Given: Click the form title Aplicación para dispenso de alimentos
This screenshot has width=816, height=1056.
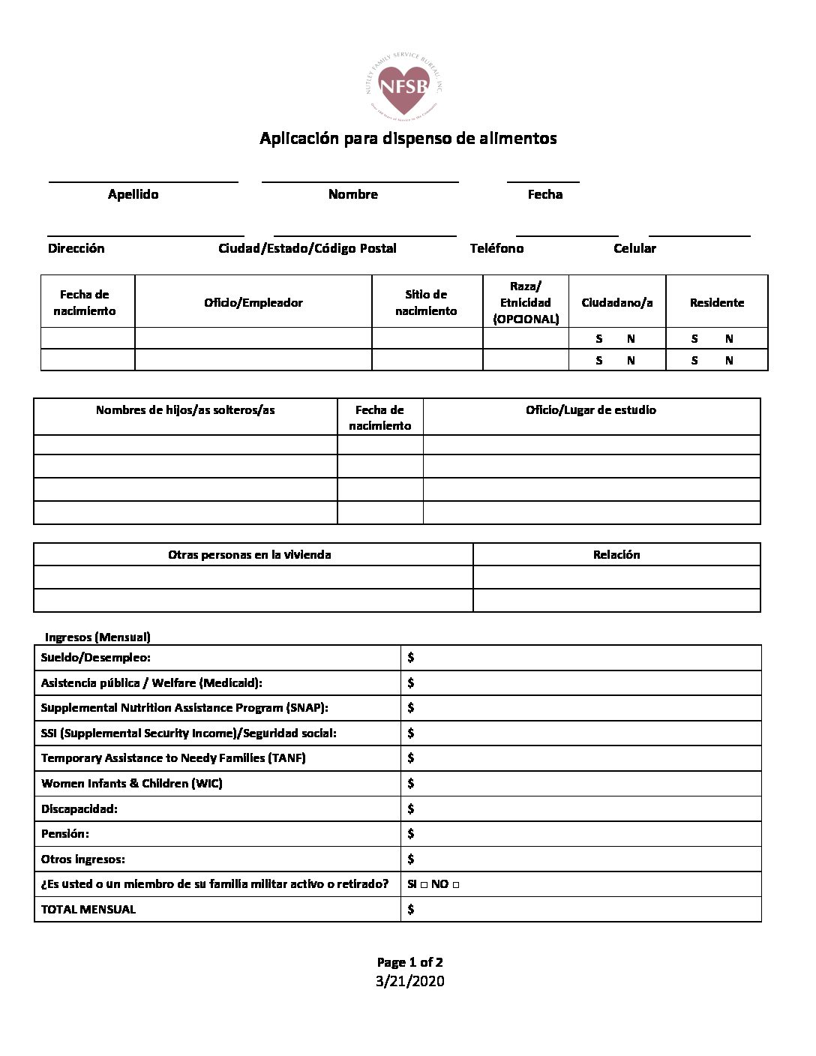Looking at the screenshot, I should (408, 138).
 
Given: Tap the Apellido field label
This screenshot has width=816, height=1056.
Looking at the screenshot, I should (133, 194).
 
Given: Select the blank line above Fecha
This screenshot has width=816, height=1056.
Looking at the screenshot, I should (543, 181).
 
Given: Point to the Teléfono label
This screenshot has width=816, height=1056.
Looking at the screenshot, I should (496, 248).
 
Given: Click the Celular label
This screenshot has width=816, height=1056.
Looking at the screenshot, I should (634, 248).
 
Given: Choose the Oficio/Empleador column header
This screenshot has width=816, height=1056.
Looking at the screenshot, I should (253, 303).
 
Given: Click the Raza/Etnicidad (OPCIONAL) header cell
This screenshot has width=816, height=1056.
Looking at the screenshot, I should (526, 303).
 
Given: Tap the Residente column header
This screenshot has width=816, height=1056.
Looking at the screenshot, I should (717, 303).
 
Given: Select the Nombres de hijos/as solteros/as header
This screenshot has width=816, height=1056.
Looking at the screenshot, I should (185, 410).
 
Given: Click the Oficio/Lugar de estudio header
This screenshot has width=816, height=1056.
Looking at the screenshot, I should (591, 410).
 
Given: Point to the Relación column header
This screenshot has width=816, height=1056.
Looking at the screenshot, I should (616, 555).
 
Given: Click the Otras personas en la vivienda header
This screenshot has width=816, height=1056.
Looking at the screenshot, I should (250, 555).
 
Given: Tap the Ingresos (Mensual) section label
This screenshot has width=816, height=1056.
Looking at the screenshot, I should (97, 637).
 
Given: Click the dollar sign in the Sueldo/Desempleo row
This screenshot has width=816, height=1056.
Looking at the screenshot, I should (411, 658).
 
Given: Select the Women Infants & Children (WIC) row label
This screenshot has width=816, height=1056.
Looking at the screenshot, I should (132, 783).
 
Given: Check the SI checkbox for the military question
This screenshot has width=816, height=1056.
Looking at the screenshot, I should (424, 885).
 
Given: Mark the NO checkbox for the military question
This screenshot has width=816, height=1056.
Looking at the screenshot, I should (456, 885).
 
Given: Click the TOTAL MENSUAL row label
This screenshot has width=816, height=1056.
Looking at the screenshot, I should (88, 909).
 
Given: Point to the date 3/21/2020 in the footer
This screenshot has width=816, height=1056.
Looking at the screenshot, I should (410, 981).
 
